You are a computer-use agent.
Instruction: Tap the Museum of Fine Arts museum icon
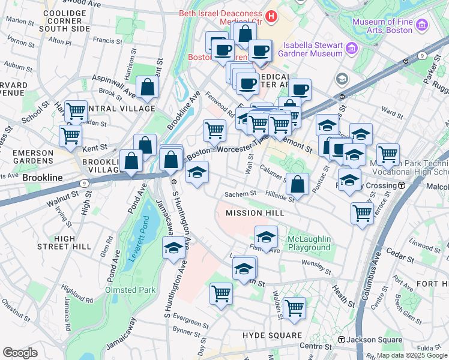[x=422, y=25]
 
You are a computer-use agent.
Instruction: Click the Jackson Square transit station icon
[x=342, y=340]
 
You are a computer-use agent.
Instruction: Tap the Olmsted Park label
[x=130, y=290]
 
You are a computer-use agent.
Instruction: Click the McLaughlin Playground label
[x=309, y=243]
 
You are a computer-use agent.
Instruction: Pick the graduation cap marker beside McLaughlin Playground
[x=266, y=236]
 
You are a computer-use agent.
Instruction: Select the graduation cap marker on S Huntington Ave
[x=174, y=247]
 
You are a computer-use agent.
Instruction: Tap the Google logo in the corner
[x=20, y=353]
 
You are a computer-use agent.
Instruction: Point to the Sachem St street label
[x=240, y=194]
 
